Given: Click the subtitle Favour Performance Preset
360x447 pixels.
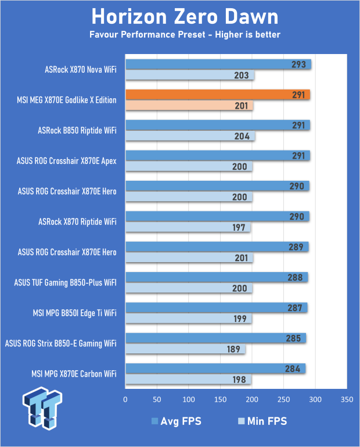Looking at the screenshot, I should tap(185, 35).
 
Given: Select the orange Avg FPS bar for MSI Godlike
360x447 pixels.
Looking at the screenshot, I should tap(217, 95).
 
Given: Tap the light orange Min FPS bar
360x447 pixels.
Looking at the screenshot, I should tap(189, 106).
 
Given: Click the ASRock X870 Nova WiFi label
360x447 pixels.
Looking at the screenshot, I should tap(80, 70).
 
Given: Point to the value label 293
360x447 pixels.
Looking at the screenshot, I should tap(298, 65).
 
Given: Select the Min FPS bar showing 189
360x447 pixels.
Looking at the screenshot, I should tap(185, 349).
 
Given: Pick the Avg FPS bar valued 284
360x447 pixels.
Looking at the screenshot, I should tap(215, 369).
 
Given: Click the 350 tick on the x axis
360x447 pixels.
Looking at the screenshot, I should tap(347, 400).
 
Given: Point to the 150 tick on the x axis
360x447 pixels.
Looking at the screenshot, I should tap(220, 400).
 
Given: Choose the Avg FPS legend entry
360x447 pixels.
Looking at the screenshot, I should tap(176, 421).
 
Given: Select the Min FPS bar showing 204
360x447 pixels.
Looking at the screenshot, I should tap(190, 136).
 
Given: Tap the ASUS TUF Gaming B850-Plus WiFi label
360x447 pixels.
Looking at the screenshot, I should tap(65, 283).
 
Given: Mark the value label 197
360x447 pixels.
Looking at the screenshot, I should tap(239, 227).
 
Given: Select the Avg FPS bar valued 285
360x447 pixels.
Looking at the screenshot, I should tap(215, 338).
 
